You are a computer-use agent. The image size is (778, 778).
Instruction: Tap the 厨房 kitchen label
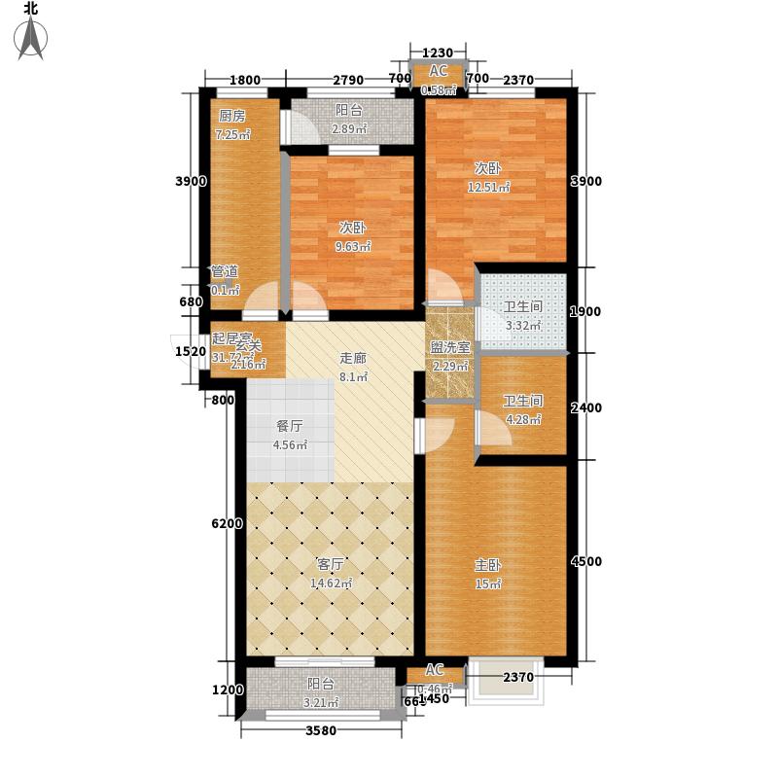coord(231,116)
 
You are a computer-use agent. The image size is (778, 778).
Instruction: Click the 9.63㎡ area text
coord(352,247)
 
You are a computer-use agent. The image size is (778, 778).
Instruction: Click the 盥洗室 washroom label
coord(450,347)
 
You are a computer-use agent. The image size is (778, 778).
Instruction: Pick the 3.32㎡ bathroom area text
coord(521,325)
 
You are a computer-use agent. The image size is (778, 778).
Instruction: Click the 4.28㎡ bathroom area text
coord(521,419)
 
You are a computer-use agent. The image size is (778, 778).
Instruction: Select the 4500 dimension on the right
coord(586,561)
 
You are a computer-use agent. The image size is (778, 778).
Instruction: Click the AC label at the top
coord(438,71)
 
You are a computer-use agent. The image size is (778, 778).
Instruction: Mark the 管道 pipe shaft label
coord(225,271)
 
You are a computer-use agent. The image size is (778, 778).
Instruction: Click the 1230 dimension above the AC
coord(439,53)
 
